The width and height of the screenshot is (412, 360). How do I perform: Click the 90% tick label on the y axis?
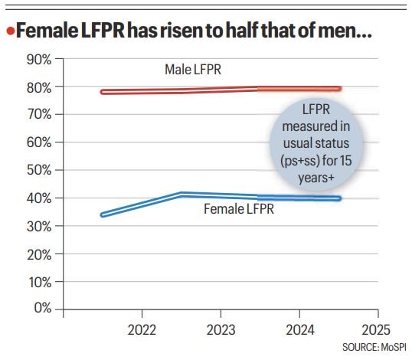[38, 59]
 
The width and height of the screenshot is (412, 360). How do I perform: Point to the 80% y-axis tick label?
[38, 87]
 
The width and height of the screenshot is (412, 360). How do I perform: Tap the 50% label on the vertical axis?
[38, 170]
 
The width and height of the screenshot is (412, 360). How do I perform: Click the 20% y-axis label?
[38, 254]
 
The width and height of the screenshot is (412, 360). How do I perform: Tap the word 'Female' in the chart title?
[48, 32]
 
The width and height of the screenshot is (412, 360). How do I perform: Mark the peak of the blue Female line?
[181, 195]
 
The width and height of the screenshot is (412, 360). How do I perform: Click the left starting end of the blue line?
[103, 214]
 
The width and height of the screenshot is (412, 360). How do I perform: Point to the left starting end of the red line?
[103, 92]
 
